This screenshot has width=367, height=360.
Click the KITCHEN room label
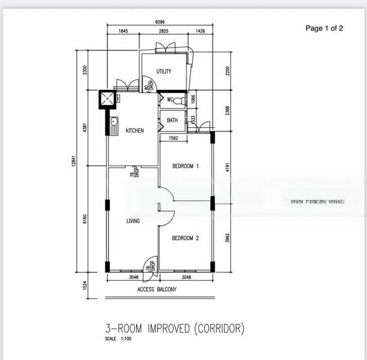tap(134, 131)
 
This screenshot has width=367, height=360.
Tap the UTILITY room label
tap(164, 71)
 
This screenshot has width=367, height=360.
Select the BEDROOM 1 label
tap(185, 166)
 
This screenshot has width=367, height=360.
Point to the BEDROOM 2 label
tap(185, 238)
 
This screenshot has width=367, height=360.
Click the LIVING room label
tap(133, 221)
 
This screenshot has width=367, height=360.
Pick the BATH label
tap(172, 121)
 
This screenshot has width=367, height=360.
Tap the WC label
tap(170, 100)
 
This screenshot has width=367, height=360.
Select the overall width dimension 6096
tap(160, 23)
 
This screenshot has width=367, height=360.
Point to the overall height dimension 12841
tap(73, 161)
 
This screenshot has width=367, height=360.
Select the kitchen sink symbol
tap(115, 125)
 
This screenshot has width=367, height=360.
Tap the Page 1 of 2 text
tap(324, 28)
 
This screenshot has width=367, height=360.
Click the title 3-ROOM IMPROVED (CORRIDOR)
tap(175, 328)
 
